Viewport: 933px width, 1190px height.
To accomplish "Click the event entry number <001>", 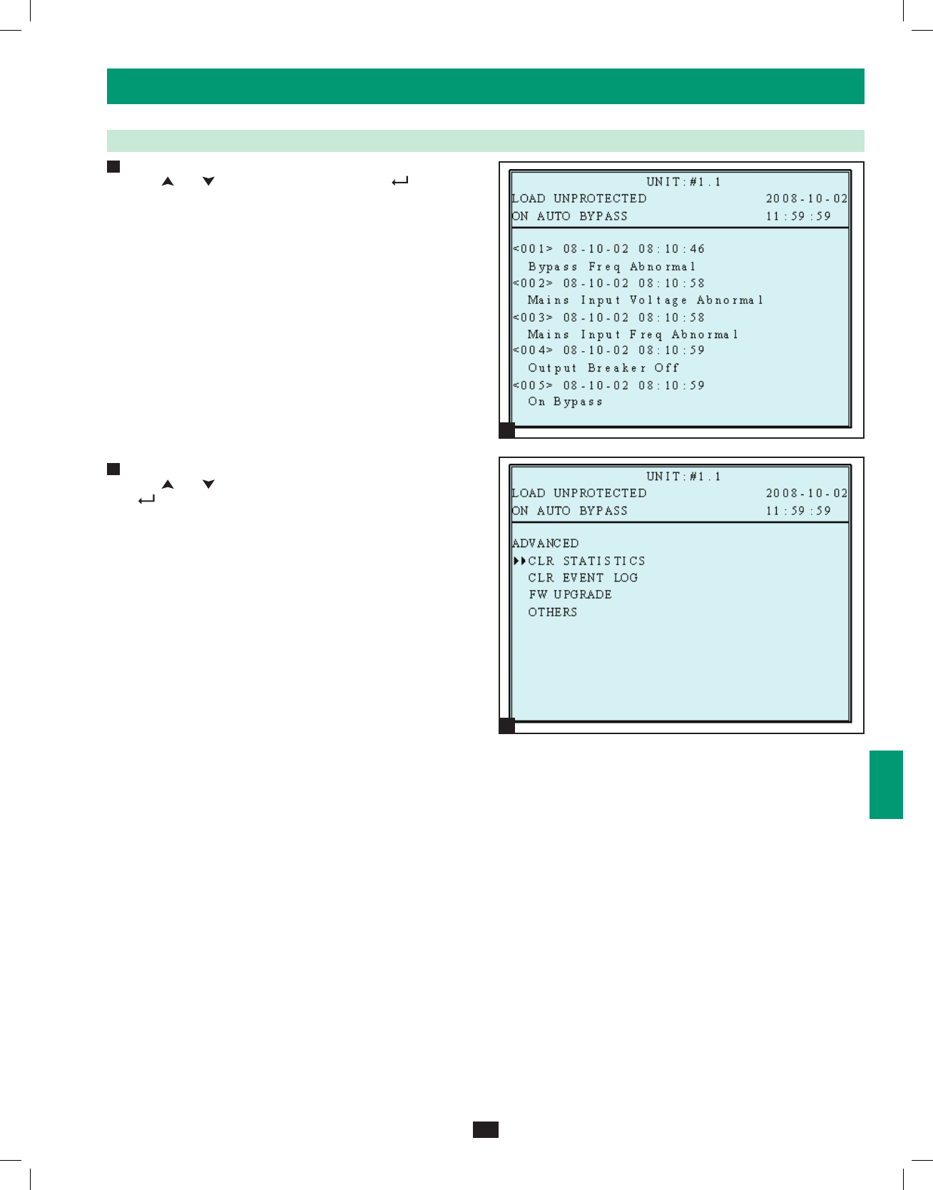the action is pos(533,249).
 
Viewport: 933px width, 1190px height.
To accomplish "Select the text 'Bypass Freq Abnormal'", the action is pos(611,267).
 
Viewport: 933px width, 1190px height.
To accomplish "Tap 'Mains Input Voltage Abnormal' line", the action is pos(645,300).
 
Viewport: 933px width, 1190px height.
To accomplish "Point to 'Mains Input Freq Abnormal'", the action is pos(633,335).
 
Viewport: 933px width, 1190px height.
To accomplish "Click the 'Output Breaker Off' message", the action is pos(603,368).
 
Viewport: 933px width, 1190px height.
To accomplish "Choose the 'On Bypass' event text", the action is pos(565,402).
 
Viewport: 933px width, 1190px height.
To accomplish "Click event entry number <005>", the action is pos(533,385).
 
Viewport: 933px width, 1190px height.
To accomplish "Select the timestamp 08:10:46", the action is pos(671,249).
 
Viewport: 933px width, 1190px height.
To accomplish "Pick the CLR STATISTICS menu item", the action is pos(586,561).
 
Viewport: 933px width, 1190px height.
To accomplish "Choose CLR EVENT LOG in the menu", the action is pos(583,578).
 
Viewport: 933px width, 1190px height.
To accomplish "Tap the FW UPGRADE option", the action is pos(570,595).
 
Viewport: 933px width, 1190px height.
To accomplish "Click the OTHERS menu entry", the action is pos(553,612).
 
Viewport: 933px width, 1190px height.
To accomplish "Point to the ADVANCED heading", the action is pos(546,544).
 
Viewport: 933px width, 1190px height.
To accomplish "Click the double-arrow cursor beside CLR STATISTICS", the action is pos(519,561).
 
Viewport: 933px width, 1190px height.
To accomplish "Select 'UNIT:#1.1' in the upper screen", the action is pos(683,182).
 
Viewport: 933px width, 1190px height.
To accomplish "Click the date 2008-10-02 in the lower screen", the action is pos(807,494).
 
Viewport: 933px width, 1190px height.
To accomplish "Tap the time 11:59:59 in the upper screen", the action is pos(798,216).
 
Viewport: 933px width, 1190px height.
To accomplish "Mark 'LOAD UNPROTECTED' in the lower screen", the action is pos(579,494).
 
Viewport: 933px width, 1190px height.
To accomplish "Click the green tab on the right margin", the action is pos(886,784).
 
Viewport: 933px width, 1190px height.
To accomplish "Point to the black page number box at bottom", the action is pos(485,1129).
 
